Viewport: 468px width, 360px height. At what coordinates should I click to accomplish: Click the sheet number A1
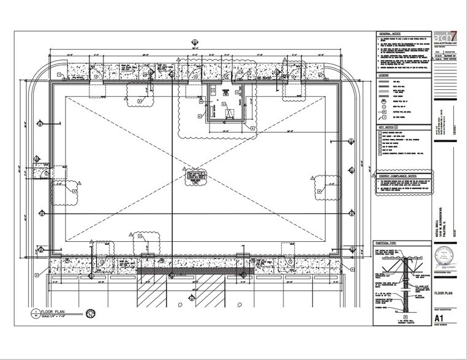[x=439, y=318]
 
